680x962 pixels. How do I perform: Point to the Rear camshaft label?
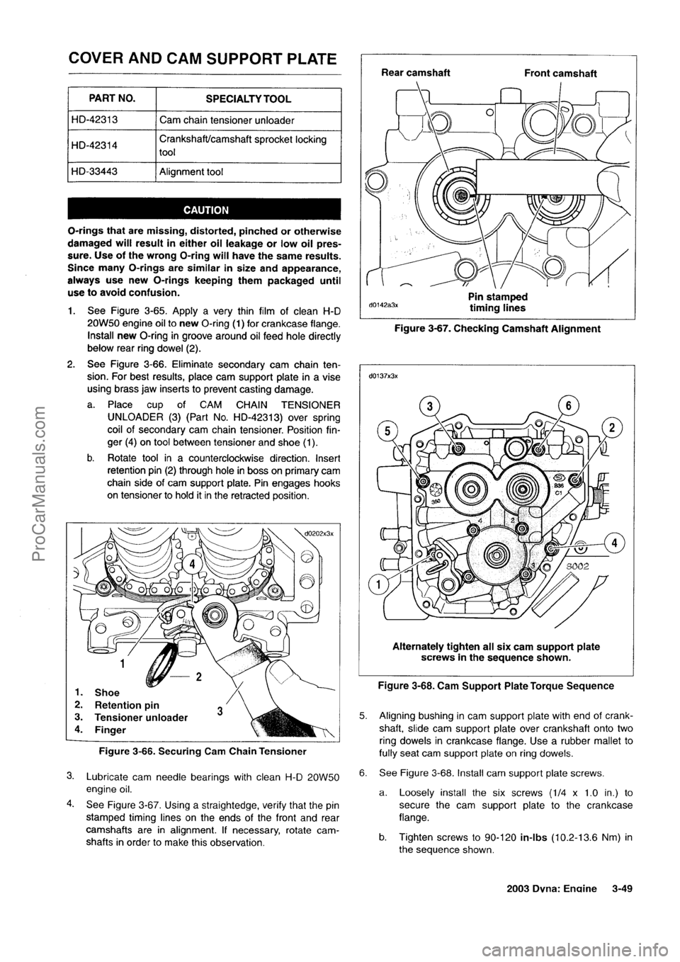415,72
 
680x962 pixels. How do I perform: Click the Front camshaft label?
560,72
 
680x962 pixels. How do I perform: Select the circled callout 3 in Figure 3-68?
431,407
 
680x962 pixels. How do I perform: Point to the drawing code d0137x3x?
383,376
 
